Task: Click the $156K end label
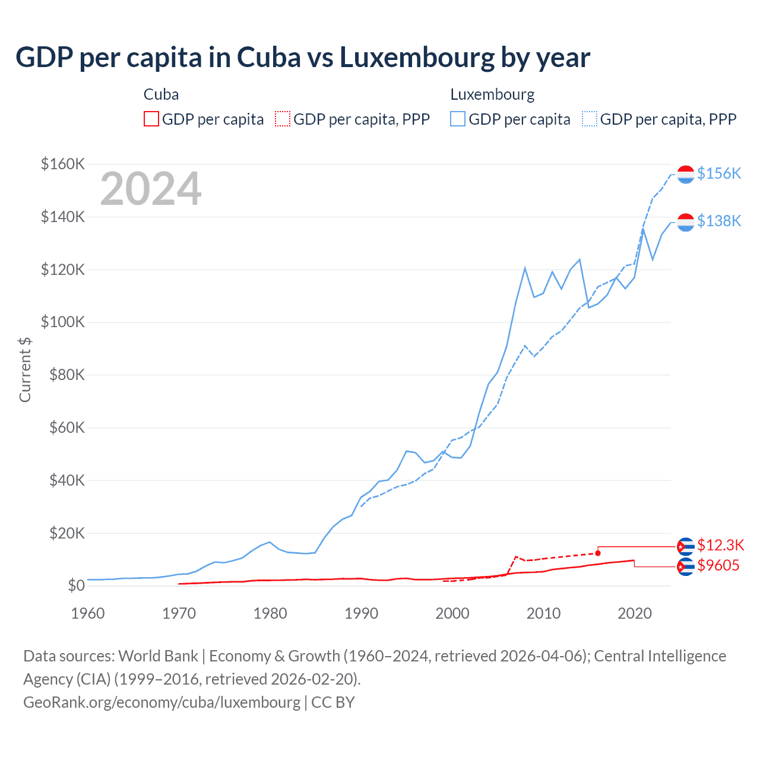[x=719, y=173]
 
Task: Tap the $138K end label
[x=719, y=221]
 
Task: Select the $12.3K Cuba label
[x=720, y=545]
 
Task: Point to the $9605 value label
[x=718, y=565]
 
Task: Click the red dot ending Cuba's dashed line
[x=598, y=553]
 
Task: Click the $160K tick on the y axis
[x=63, y=164]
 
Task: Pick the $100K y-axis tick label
[x=63, y=322]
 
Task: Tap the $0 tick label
[x=76, y=585]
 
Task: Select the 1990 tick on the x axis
[x=361, y=613]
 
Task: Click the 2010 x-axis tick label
[x=543, y=613]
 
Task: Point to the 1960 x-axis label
[x=88, y=613]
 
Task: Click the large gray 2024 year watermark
[x=151, y=189]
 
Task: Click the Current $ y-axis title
[x=25, y=369]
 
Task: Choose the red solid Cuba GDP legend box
[x=151, y=119]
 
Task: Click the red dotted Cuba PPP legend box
[x=283, y=119]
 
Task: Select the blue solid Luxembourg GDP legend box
[x=458, y=119]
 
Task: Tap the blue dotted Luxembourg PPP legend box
[x=590, y=119]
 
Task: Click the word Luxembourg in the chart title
[x=417, y=57]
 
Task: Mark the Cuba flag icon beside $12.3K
[x=686, y=545]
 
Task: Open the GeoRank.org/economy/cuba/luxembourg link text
[x=161, y=702]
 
